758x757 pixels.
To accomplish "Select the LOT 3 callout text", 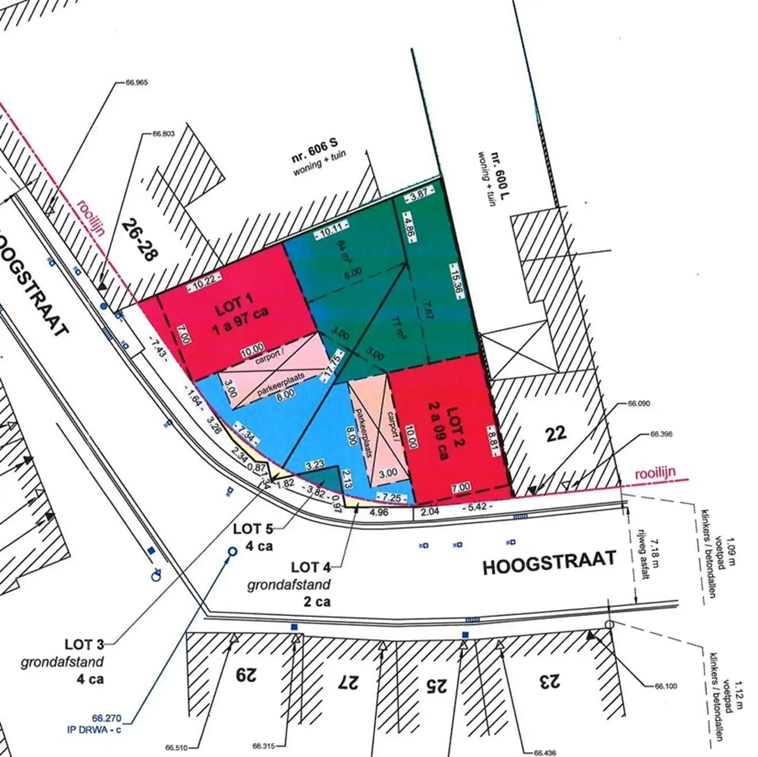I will [84, 645].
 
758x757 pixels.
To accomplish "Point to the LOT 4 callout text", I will [311, 567].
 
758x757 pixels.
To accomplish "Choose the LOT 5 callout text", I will [253, 529].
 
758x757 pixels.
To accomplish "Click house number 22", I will [556, 433].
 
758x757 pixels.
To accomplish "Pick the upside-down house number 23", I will [549, 681].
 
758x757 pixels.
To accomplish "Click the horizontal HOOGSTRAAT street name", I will [549, 562].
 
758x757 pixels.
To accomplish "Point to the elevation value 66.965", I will [137, 82].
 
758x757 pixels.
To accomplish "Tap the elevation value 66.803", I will [163, 134].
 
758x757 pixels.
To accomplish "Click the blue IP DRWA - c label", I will [94, 730].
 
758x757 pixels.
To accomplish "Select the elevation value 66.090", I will [639, 404].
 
